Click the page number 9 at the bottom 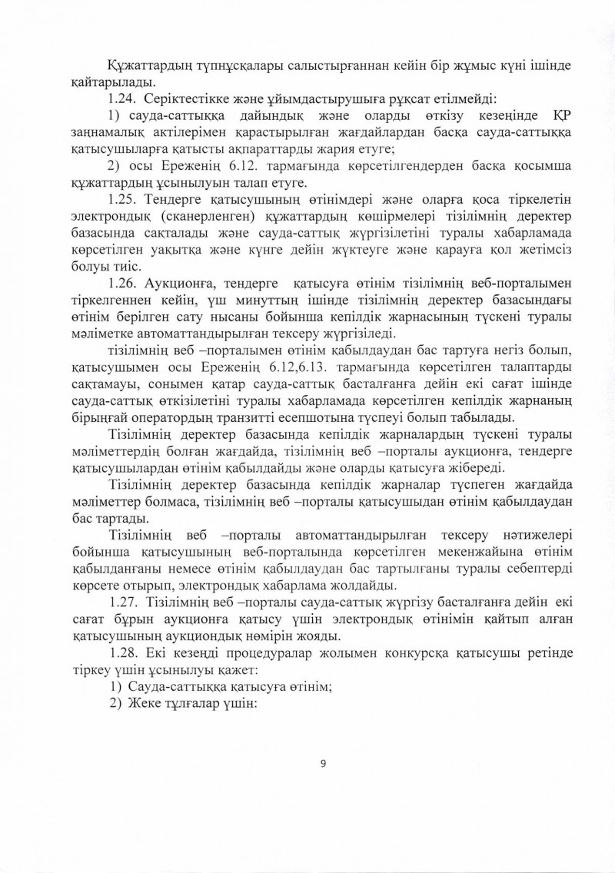point(323,763)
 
